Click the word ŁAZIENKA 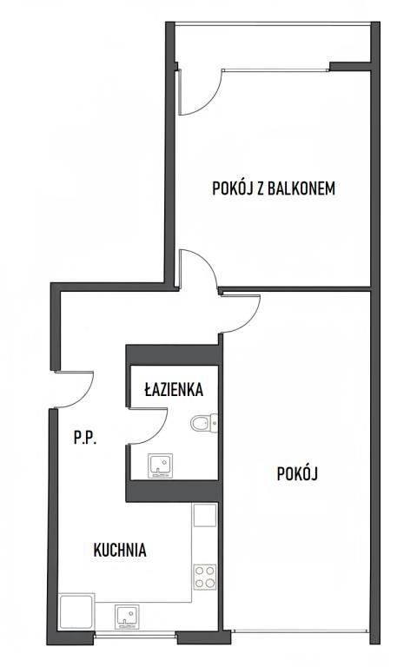point(174,391)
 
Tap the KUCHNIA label point(120,550)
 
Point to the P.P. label point(84,439)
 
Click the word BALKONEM point(304,188)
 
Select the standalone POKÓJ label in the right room point(298,474)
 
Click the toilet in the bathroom point(203,423)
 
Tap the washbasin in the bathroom point(159,466)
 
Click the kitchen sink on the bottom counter point(127,615)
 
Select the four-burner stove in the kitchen point(204,577)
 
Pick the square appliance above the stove point(204,515)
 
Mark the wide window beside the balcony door point(274,69)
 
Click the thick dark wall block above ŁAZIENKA point(172,354)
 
